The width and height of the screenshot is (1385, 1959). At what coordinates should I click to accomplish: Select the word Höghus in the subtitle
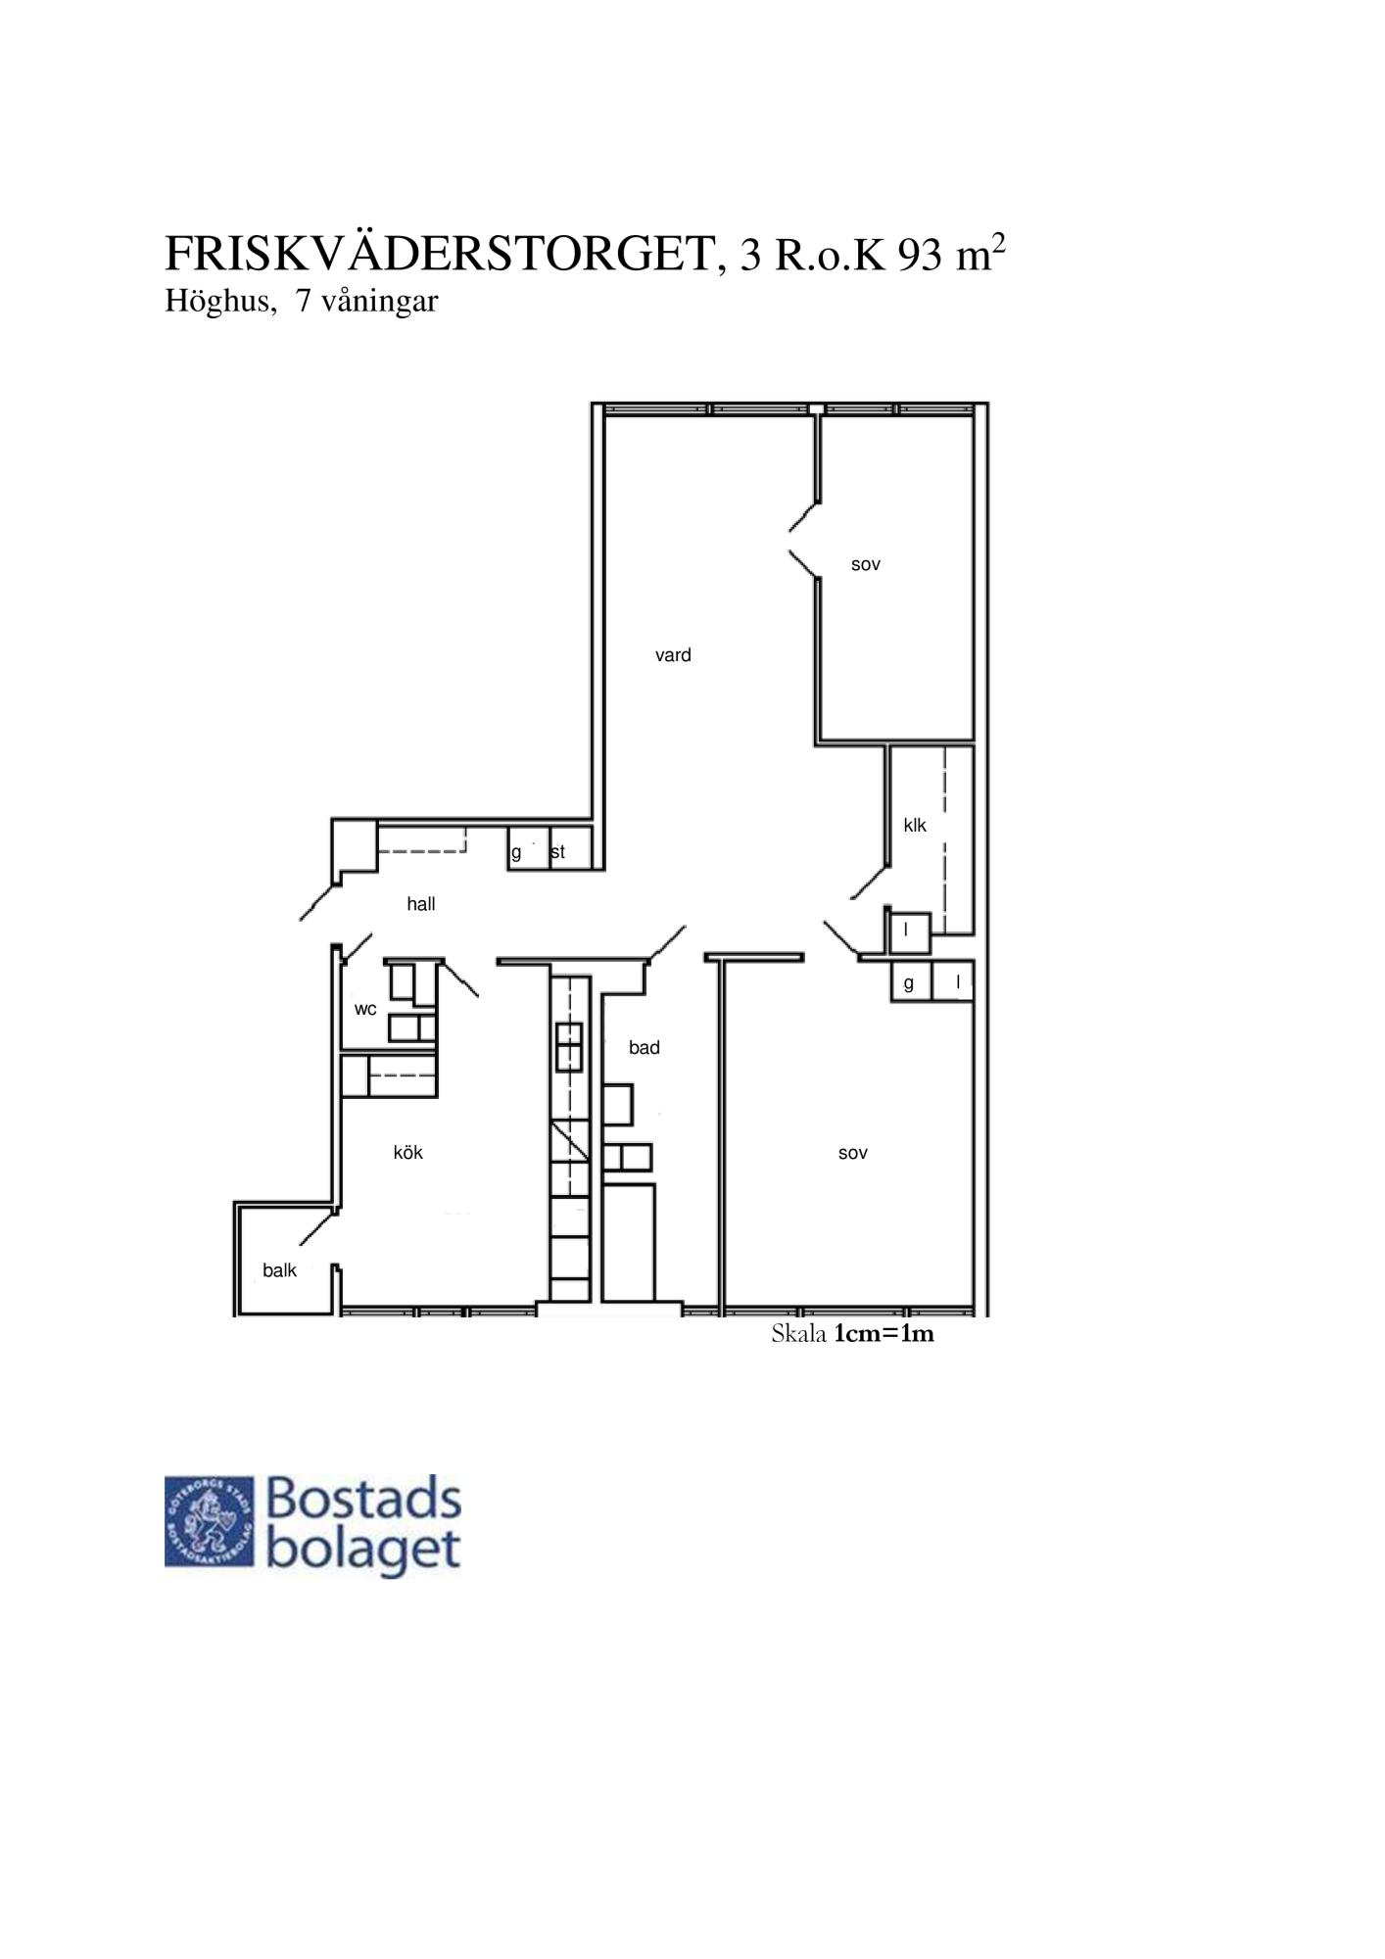(x=215, y=302)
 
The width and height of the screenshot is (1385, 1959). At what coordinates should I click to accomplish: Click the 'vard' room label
(x=673, y=655)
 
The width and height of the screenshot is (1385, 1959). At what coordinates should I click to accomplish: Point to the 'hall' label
(x=421, y=904)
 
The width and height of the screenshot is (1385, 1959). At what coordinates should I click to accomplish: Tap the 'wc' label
(x=365, y=1009)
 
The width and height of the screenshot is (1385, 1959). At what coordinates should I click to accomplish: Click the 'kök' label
(x=408, y=1152)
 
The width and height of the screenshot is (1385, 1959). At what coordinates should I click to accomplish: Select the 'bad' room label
(x=645, y=1047)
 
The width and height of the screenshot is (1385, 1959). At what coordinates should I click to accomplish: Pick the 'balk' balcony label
(x=279, y=1270)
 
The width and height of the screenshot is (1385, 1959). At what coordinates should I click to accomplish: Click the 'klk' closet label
(x=915, y=825)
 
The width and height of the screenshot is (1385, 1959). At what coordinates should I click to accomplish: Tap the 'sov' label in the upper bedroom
(x=866, y=565)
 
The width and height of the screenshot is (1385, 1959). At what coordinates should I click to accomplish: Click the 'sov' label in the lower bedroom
(x=853, y=1154)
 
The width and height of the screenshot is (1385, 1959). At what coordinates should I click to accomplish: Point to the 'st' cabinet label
(x=557, y=852)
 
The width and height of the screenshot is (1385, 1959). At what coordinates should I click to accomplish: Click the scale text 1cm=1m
(x=884, y=1333)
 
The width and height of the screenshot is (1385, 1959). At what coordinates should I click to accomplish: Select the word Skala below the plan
(x=799, y=1333)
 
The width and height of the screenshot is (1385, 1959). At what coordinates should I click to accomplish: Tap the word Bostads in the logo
(x=363, y=1499)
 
